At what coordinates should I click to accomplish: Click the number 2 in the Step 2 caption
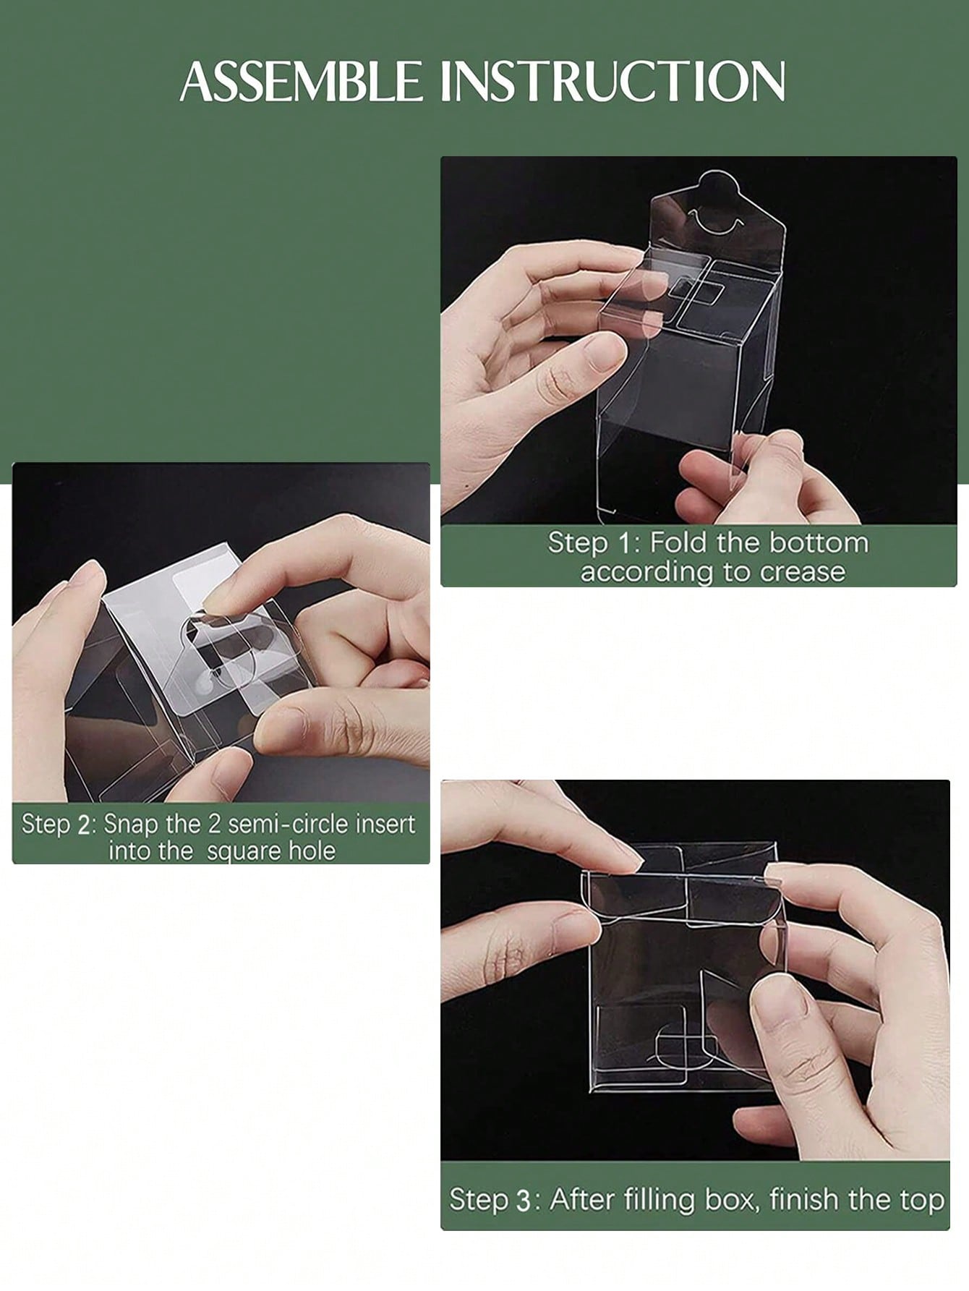(x=85, y=824)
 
